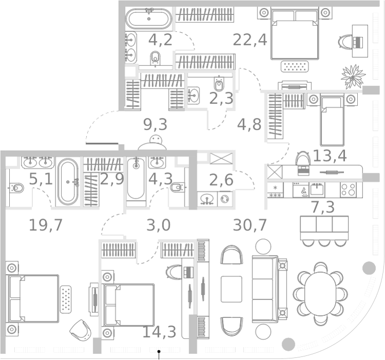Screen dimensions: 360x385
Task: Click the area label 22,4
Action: coord(250,39)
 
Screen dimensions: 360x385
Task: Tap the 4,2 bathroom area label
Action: coord(160,40)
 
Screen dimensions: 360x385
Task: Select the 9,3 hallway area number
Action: coord(155,124)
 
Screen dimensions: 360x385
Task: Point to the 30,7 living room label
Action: coord(250,225)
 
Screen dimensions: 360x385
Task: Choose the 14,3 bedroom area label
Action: coord(159,332)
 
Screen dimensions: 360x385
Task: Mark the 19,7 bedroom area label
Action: coord(45,225)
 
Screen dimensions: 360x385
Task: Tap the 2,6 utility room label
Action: coord(221,181)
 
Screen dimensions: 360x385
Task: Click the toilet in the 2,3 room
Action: coord(219,83)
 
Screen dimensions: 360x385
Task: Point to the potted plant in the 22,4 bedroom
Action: coord(354,76)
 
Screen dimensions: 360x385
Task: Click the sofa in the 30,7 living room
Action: coord(264,288)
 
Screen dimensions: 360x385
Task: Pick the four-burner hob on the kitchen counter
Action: coord(349,189)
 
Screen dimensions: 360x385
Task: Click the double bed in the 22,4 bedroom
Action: coord(295,34)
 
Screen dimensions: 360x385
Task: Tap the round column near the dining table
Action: coord(369,268)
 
